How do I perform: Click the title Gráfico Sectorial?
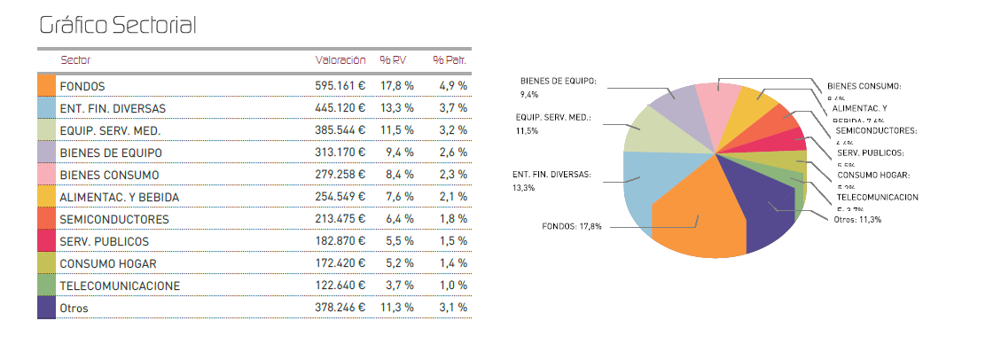118,27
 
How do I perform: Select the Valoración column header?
340,60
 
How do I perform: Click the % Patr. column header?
450,60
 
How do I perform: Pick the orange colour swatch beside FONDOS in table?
47,86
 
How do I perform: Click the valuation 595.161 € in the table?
340,86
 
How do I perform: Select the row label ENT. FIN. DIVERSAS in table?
113,108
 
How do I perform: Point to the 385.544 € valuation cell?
340,130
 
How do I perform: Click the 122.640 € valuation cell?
340,286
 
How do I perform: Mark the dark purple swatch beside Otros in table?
47,308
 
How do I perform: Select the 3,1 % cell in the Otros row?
452,308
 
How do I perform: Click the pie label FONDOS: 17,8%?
572,226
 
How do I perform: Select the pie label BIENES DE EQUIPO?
558,81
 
